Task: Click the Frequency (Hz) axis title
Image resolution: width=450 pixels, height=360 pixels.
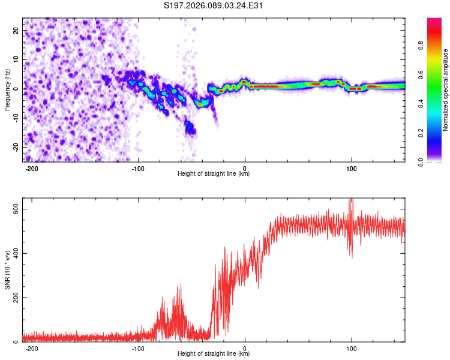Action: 8,89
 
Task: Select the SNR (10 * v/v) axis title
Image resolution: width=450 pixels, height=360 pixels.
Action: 8,270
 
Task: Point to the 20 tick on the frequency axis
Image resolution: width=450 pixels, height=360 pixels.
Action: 16,30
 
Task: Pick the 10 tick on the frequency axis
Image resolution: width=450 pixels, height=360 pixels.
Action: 16,59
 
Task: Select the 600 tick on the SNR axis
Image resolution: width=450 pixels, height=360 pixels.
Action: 13,208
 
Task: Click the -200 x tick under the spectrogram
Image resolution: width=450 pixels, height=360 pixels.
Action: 32,168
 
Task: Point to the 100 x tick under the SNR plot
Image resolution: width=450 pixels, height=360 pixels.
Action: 351,348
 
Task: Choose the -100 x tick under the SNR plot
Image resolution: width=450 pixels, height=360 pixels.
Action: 139,348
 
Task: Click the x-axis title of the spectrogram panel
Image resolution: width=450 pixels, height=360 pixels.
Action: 214,174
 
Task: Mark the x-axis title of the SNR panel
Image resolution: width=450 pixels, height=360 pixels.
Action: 214,354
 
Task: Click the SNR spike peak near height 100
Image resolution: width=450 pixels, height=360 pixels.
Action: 351,200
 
